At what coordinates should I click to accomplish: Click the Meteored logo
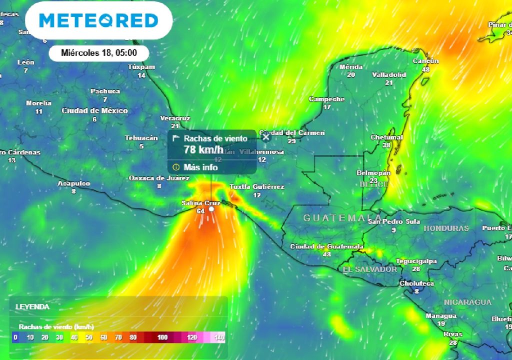coord(98,20)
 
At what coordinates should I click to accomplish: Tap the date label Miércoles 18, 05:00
coord(98,52)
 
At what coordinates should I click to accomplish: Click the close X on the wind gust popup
coord(266,136)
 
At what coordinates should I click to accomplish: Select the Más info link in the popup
coord(200,167)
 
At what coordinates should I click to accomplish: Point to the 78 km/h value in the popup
coord(203,149)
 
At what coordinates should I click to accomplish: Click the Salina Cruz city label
coord(200,202)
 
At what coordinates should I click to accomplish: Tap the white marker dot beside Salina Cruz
coord(211,210)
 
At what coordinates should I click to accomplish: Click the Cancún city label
coord(425,61)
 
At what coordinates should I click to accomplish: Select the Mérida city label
coord(350,66)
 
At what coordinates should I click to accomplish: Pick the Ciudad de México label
coord(94,110)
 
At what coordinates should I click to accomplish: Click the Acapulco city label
coord(73,183)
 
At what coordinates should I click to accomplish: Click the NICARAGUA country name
coord(468,302)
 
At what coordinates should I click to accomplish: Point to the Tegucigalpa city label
coord(416,261)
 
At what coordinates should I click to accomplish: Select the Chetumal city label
coord(386,137)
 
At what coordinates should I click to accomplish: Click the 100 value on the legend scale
coord(162,337)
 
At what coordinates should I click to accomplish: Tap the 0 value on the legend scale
coord(15,337)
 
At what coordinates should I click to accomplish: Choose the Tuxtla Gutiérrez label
coord(257,186)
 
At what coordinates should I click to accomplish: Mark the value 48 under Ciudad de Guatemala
coord(327,254)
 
